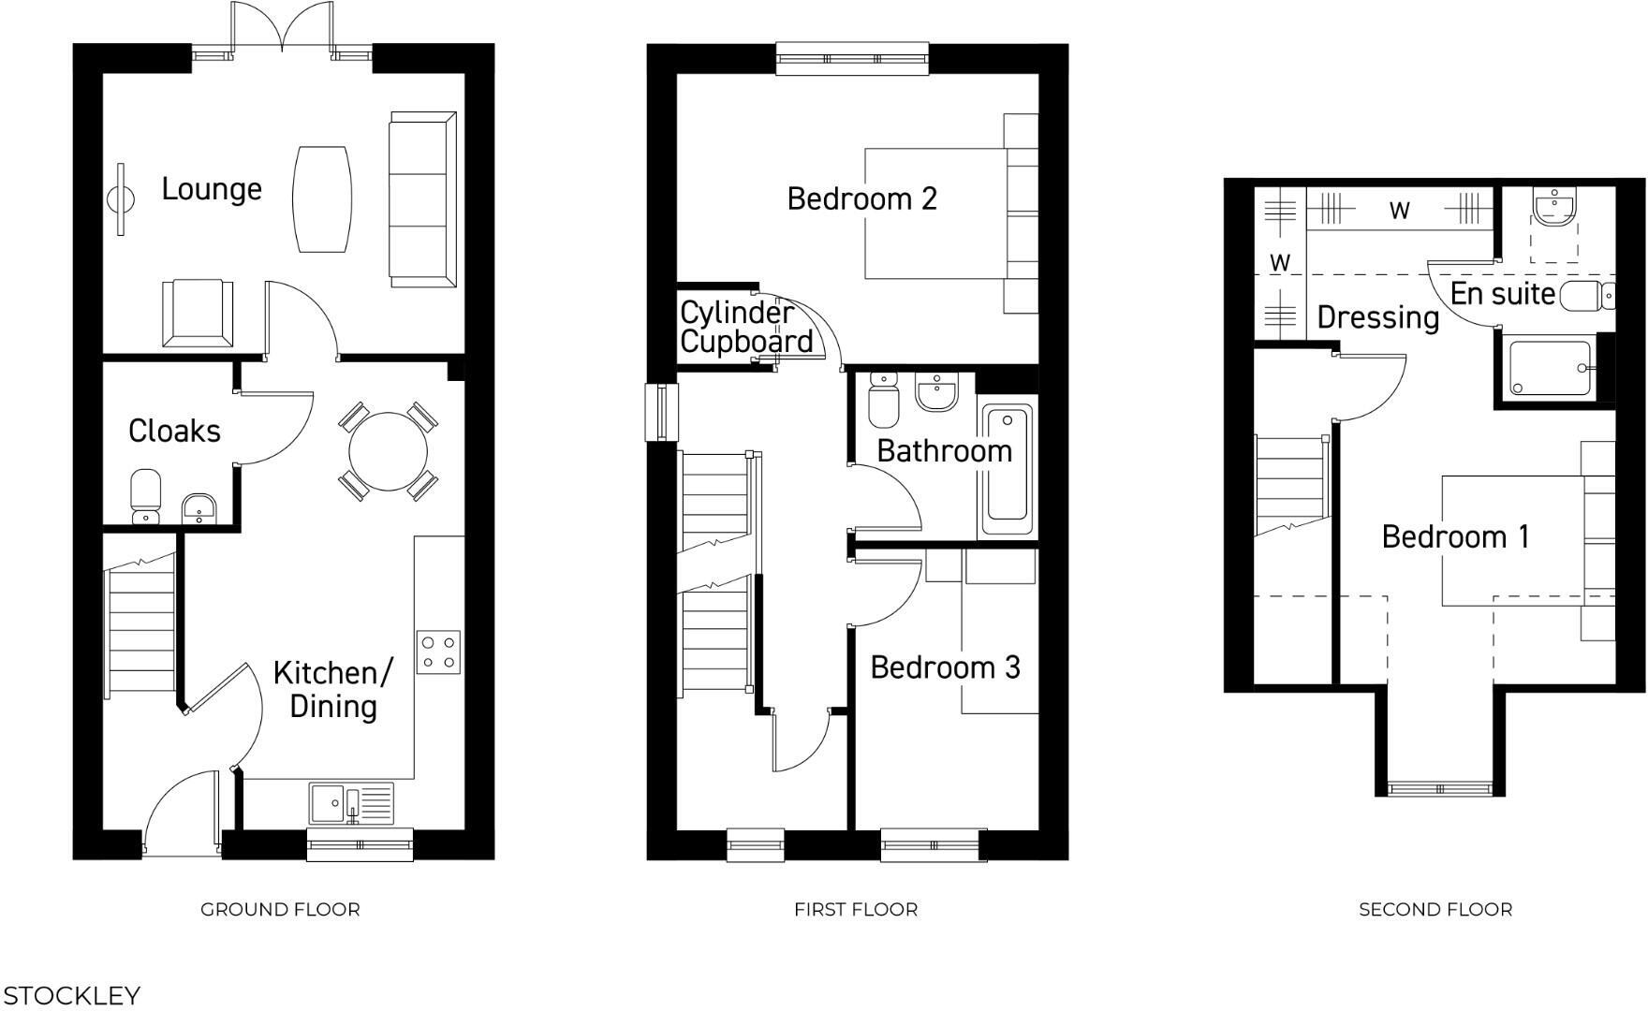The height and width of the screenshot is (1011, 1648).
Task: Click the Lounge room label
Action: (x=212, y=189)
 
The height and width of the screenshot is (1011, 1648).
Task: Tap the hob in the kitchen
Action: (x=438, y=652)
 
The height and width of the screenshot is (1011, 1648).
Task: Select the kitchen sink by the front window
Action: (x=350, y=803)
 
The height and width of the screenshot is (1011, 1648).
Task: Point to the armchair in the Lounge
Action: (x=197, y=314)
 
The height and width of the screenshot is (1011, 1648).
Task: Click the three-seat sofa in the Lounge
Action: (x=422, y=199)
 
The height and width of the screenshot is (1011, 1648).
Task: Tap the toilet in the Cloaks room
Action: (x=145, y=496)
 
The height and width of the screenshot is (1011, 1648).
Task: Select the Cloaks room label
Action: (x=174, y=431)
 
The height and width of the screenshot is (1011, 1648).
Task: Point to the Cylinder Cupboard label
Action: (x=745, y=327)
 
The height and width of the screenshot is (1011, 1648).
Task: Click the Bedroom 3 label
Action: (x=944, y=667)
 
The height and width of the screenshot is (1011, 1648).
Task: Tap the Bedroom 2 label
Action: (x=861, y=198)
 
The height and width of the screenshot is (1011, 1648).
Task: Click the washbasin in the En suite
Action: (x=1555, y=206)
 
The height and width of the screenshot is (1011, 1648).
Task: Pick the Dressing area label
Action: (x=1377, y=317)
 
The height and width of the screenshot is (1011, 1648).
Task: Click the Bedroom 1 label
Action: (x=1455, y=536)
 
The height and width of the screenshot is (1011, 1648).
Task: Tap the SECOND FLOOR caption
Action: (x=1435, y=909)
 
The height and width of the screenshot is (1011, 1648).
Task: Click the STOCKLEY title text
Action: (x=72, y=995)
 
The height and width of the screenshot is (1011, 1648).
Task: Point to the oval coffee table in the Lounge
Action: (x=323, y=198)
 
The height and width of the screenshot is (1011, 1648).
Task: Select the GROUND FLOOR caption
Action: (x=280, y=909)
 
